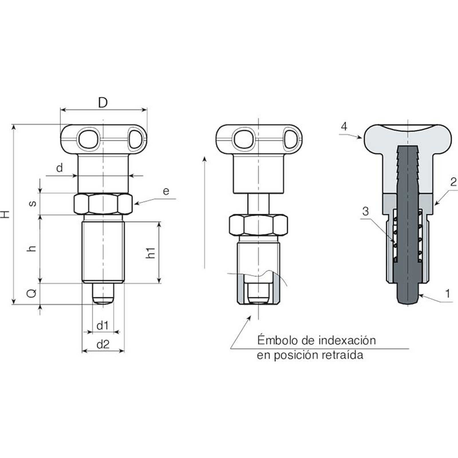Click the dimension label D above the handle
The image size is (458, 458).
[x=103, y=102]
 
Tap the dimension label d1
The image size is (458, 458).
[x=102, y=325]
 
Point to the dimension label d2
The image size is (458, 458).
[x=103, y=344]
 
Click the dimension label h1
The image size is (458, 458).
[x=150, y=252]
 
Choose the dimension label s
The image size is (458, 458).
[x=33, y=203]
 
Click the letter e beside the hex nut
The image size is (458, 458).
[x=166, y=191]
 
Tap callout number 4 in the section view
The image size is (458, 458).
[x=344, y=126]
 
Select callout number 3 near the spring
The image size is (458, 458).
[x=365, y=211]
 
